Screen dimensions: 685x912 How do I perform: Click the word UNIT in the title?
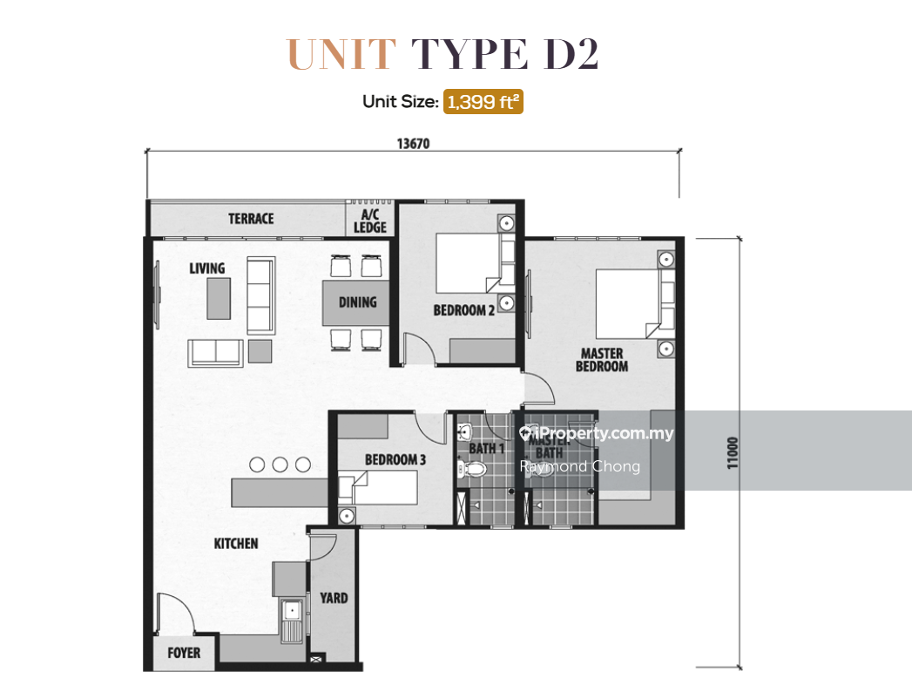point(341,54)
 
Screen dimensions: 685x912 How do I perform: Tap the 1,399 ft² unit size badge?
point(483,102)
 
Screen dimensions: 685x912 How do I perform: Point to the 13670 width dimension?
point(415,144)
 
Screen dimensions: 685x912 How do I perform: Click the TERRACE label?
point(251,219)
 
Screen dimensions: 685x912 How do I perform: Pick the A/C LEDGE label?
point(370,221)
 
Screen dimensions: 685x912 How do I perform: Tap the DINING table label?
point(357,302)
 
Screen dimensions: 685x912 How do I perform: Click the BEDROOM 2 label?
point(463,310)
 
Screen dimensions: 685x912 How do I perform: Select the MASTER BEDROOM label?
point(601,360)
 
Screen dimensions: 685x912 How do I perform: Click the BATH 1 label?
point(487,449)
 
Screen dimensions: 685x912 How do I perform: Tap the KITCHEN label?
point(236,544)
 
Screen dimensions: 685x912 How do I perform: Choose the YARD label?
point(334,598)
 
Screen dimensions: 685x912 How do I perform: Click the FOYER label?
point(184,653)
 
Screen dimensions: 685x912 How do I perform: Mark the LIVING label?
point(207,268)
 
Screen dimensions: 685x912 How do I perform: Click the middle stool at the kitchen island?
point(280,465)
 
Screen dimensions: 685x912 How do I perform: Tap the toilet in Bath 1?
point(473,470)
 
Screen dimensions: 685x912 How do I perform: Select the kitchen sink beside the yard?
point(291,618)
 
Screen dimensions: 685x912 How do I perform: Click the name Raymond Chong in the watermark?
point(579,466)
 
